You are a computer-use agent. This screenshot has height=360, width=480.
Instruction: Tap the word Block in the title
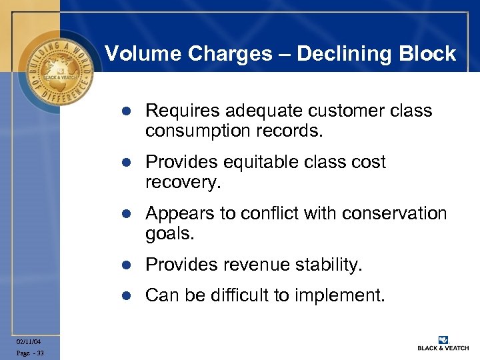point(430,53)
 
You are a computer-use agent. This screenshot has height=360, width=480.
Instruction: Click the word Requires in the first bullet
point(177,111)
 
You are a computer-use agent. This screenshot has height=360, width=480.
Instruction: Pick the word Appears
point(175,213)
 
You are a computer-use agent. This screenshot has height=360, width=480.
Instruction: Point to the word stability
point(329,265)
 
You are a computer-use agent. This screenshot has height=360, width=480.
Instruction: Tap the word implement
point(347,295)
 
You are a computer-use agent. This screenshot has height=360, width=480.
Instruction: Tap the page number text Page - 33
point(31,353)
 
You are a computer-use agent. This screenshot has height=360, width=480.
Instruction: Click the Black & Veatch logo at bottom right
point(443,343)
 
